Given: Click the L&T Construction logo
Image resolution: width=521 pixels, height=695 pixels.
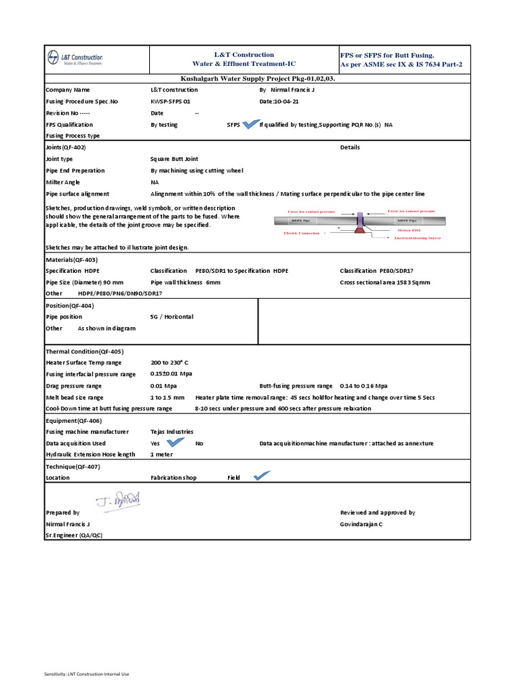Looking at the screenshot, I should tap(75, 59).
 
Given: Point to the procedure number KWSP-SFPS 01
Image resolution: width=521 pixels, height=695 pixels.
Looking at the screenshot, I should tap(170, 101).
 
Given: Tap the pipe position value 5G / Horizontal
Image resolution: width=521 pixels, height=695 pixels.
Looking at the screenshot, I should tap(172, 316).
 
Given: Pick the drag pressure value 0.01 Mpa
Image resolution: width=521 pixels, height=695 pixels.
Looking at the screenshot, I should tap(163, 386).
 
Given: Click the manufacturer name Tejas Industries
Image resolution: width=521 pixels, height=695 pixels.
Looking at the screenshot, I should tap(172, 431).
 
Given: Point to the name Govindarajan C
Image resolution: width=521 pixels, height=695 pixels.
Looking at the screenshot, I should tap(361, 524).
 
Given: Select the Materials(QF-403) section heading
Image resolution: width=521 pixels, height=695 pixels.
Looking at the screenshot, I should tap(72, 259).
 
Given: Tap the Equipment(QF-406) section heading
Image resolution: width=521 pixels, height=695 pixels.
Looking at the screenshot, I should tap(73, 420).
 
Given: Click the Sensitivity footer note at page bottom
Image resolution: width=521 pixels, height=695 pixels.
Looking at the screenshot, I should tap(86, 673).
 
